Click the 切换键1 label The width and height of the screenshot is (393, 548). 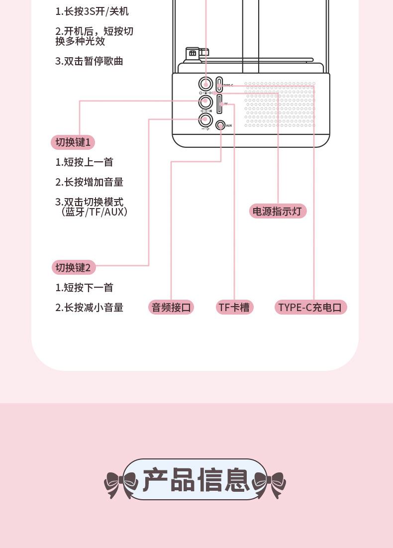[73, 142]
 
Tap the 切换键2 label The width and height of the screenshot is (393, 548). [73, 268]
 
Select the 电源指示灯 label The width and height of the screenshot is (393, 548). [277, 211]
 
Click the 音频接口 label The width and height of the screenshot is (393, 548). [171, 307]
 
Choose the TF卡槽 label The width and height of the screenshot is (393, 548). [234, 307]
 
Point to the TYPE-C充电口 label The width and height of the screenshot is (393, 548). [311, 307]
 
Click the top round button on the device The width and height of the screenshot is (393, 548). [205, 84]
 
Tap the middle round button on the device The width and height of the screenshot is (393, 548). [205, 102]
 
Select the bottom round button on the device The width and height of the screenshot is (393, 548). [205, 119]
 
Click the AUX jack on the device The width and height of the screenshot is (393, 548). [221, 125]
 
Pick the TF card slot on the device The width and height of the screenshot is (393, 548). [219, 104]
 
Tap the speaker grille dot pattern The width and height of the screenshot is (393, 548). [280, 105]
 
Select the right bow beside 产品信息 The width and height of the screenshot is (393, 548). [270, 482]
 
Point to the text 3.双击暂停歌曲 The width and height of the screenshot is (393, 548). [89, 61]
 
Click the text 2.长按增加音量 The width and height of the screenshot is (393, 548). [89, 182]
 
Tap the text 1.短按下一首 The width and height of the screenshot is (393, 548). [84, 288]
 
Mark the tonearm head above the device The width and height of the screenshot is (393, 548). [192, 53]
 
